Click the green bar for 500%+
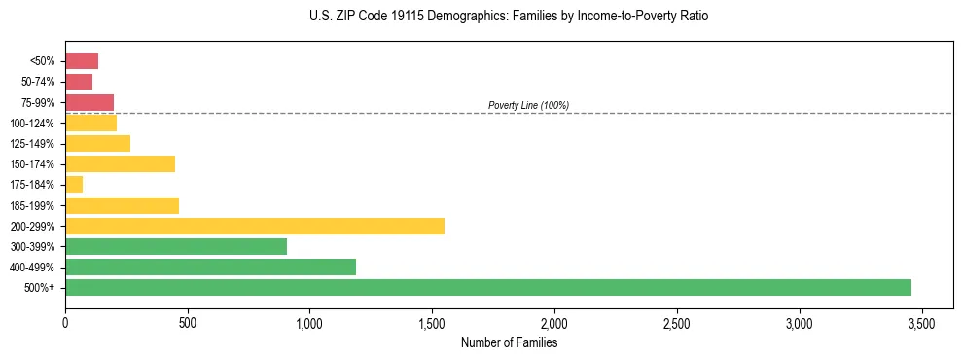click(487, 287)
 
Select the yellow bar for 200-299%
click(254, 226)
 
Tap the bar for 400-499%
click(210, 267)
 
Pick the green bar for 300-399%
click(176, 246)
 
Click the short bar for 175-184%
click(74, 184)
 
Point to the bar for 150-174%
click(120, 163)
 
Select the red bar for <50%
click(82, 60)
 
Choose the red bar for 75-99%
click(89, 102)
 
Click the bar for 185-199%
click(122, 205)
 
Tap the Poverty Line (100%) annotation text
click(528, 105)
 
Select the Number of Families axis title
click(509, 342)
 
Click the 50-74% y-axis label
click(38, 82)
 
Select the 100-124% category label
click(34, 123)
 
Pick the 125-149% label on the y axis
click(34, 143)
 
